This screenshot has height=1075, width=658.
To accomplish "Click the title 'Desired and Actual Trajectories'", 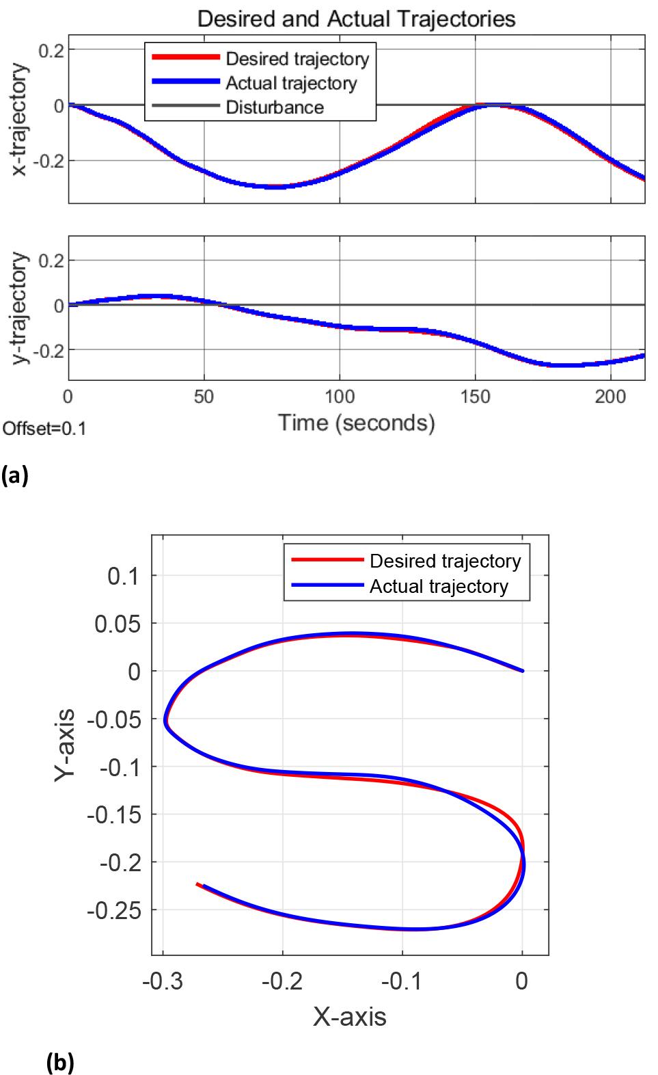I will pyautogui.click(x=356, y=18).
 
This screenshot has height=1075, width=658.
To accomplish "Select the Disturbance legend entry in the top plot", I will pyautogui.click(x=274, y=107).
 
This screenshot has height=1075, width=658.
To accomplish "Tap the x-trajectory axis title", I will pyautogui.click(x=21, y=120).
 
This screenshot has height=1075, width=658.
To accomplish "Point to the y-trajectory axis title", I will pyautogui.click(x=21, y=308).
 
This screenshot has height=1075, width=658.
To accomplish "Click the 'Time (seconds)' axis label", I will pyautogui.click(x=356, y=423).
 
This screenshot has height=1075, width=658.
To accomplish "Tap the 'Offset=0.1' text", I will pyautogui.click(x=44, y=429).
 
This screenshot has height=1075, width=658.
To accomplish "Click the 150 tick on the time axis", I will pyautogui.click(x=475, y=397).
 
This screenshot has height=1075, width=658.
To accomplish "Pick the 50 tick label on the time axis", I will pyautogui.click(x=204, y=397).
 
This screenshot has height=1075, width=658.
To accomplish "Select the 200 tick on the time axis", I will pyautogui.click(x=610, y=397).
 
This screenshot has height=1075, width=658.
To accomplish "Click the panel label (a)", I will pyautogui.click(x=15, y=475).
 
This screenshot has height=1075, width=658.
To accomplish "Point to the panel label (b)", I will pyautogui.click(x=60, y=1063).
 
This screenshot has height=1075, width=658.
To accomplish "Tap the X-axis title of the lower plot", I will pyautogui.click(x=350, y=1017).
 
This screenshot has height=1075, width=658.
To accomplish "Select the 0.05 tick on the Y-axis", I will pyautogui.click(x=117, y=624).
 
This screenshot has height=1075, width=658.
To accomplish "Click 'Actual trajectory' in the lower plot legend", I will pyautogui.click(x=439, y=587).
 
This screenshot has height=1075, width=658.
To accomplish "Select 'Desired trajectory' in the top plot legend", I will pyautogui.click(x=297, y=59).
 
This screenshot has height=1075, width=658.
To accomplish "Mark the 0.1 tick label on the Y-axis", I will pyautogui.click(x=123, y=576).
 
